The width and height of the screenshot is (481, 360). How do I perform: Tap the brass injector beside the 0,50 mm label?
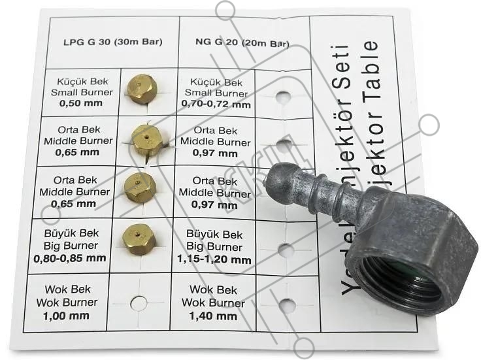tap(142, 88)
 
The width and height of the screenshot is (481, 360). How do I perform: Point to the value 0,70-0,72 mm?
tap(218, 104)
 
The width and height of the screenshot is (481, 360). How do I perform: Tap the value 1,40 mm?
tap(214, 316)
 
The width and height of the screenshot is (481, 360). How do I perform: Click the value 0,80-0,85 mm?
tap(70, 257)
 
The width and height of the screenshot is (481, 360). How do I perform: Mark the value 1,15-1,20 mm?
tap(213, 259)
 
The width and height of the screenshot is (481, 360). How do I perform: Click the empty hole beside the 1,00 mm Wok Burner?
tap(138, 303)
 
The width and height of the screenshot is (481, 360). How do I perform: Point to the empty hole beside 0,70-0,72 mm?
tap(282, 97)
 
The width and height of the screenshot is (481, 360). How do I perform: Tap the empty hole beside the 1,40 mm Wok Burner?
tap(287, 305)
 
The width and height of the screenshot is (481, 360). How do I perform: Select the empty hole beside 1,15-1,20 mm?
tap(286, 250)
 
